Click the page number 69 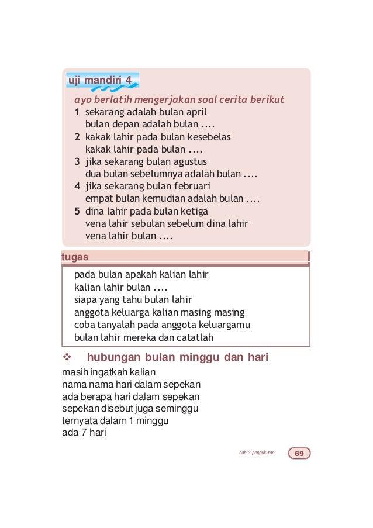[299, 454]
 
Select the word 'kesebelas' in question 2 [209, 137]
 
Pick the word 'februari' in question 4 [191, 187]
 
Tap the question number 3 [77, 161]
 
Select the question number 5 [77, 211]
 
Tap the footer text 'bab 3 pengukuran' [257, 454]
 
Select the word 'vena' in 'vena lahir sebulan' [95, 224]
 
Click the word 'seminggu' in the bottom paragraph [179, 408]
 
